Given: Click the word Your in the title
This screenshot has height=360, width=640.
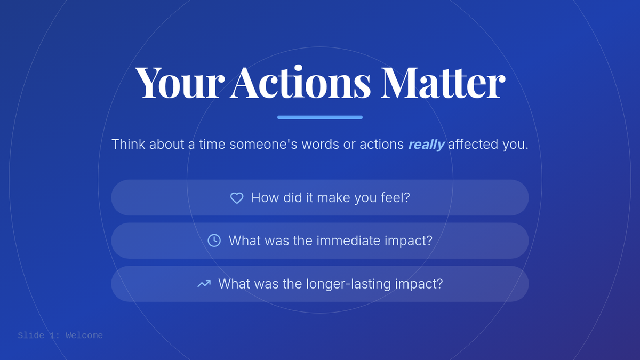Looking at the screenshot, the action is (x=180, y=82).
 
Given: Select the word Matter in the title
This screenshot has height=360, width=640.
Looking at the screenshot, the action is (x=443, y=82).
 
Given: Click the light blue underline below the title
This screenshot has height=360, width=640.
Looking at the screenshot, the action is (x=320, y=117).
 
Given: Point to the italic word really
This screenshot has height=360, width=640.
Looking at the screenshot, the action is (x=426, y=145).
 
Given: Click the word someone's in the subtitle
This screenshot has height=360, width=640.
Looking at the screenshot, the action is (x=263, y=144).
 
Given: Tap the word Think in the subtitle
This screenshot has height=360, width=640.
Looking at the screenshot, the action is (x=129, y=144).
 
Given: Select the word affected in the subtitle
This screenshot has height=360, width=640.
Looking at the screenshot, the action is (x=473, y=144).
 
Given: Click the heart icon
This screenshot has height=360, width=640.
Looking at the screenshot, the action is (x=237, y=198).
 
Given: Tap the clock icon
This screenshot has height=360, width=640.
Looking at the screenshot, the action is (x=214, y=241).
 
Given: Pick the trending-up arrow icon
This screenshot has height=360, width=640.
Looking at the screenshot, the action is (x=204, y=284).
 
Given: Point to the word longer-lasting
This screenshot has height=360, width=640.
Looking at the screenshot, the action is (x=348, y=284).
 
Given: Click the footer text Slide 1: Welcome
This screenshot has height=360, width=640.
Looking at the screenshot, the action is (x=60, y=335).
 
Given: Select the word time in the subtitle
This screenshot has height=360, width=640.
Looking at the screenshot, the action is (x=212, y=144).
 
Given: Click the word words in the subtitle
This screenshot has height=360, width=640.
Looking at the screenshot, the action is (x=321, y=144).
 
